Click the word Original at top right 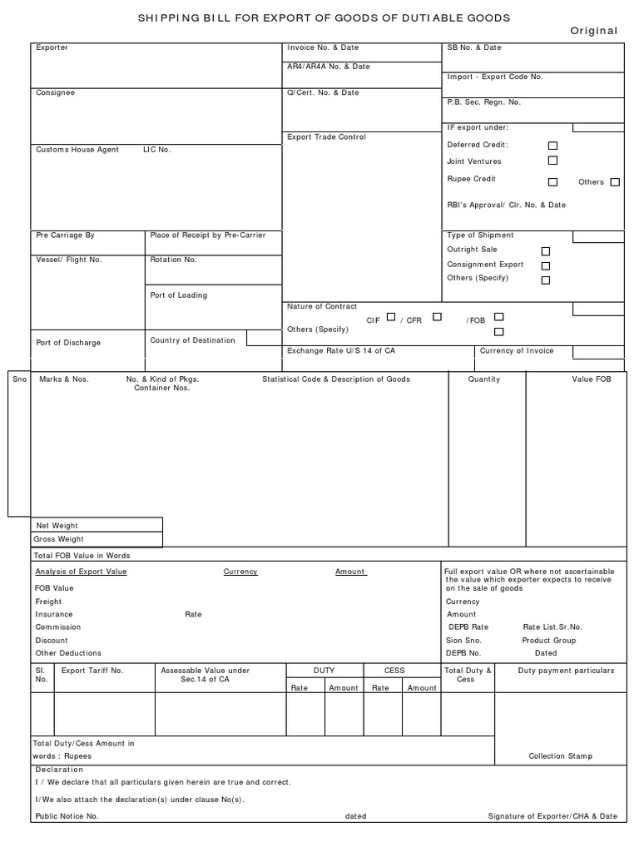593,31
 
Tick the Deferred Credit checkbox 552,146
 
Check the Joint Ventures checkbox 552,161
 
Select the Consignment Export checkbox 546,265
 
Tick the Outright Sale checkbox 546,250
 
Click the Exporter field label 52,47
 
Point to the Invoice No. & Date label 323,47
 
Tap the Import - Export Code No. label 494,77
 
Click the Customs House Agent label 77,150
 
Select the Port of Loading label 178,295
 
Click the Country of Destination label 192,339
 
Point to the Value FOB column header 591,379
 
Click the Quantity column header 484,379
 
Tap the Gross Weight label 59,539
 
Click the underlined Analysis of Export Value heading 81,572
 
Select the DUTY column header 324,670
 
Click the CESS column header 394,670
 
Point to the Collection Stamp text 561,756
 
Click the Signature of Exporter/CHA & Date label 552,816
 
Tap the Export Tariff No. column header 92,670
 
